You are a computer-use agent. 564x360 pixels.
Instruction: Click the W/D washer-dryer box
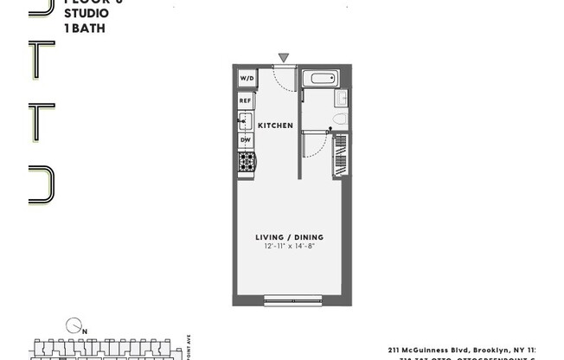pos(246,78)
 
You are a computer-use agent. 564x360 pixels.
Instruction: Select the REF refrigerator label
pos(246,101)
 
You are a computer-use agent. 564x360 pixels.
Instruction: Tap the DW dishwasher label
pos(246,140)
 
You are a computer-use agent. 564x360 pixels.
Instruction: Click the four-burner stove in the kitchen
pos(247,161)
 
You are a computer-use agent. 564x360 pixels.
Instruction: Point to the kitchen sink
pos(246,120)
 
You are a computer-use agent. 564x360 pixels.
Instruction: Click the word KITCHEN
pos(275,125)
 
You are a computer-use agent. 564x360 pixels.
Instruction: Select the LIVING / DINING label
pos(289,237)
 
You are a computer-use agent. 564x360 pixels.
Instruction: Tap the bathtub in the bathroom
pos(324,79)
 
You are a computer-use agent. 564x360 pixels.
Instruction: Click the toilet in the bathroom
pos(338,119)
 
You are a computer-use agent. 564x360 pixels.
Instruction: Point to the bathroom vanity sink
pos(342,98)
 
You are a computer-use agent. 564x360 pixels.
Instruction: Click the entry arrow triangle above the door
pos(284,58)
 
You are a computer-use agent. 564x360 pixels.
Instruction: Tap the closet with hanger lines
pos(340,155)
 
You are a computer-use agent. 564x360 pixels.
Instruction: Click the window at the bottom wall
pos(292,301)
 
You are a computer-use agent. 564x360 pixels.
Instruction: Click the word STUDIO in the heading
pos(86,14)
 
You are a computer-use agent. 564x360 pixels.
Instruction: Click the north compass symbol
pos(73,325)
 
